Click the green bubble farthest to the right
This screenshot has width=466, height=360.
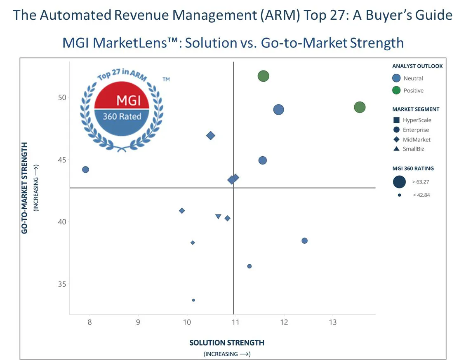(x=360, y=107)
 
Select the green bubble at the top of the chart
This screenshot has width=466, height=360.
(x=264, y=76)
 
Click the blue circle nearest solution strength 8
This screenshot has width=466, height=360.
(x=85, y=169)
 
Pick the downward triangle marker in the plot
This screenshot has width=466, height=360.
(x=218, y=216)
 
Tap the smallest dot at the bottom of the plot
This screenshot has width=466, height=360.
(x=193, y=300)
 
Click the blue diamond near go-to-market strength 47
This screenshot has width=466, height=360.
(x=211, y=136)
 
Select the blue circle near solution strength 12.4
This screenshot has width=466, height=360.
(x=304, y=241)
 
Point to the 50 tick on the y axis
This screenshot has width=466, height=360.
(x=61, y=97)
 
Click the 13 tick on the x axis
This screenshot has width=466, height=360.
(x=332, y=322)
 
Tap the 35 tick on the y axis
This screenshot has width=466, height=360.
(x=61, y=284)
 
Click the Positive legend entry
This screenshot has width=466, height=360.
(x=413, y=90)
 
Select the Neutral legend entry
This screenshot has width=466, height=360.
(x=413, y=78)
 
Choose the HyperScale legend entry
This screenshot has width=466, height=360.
(x=417, y=120)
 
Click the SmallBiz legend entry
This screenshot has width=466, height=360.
(x=413, y=149)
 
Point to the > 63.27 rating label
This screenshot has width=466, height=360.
(x=421, y=182)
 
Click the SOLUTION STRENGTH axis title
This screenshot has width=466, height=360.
(x=227, y=343)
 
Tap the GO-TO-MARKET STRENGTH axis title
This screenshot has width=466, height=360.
(x=25, y=188)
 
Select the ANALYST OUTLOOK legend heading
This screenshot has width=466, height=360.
(x=417, y=66)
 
